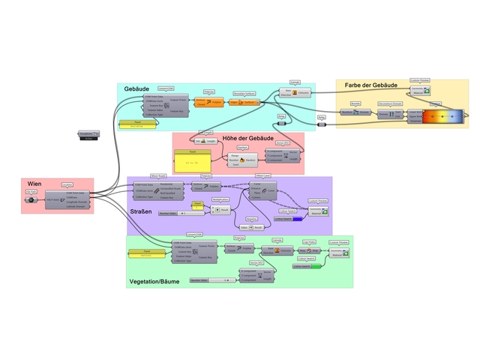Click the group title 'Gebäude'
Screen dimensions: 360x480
pos(138,89)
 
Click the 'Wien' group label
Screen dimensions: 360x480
pos(34,184)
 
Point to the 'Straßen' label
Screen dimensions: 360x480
pos(140,211)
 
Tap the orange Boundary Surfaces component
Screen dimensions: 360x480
pos(245,102)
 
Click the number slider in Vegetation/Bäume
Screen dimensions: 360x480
pos(211,280)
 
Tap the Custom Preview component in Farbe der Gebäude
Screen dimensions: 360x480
pos(419,91)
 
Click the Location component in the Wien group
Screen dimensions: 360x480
pos(64,197)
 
